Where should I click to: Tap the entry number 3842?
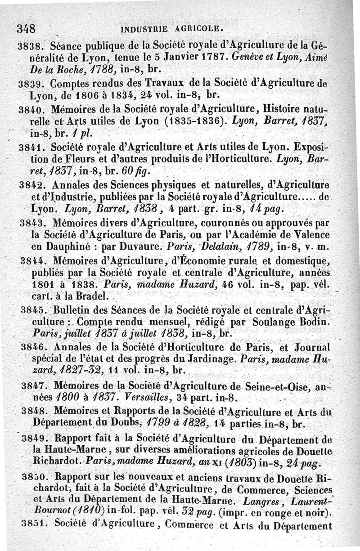tap(34, 184)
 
